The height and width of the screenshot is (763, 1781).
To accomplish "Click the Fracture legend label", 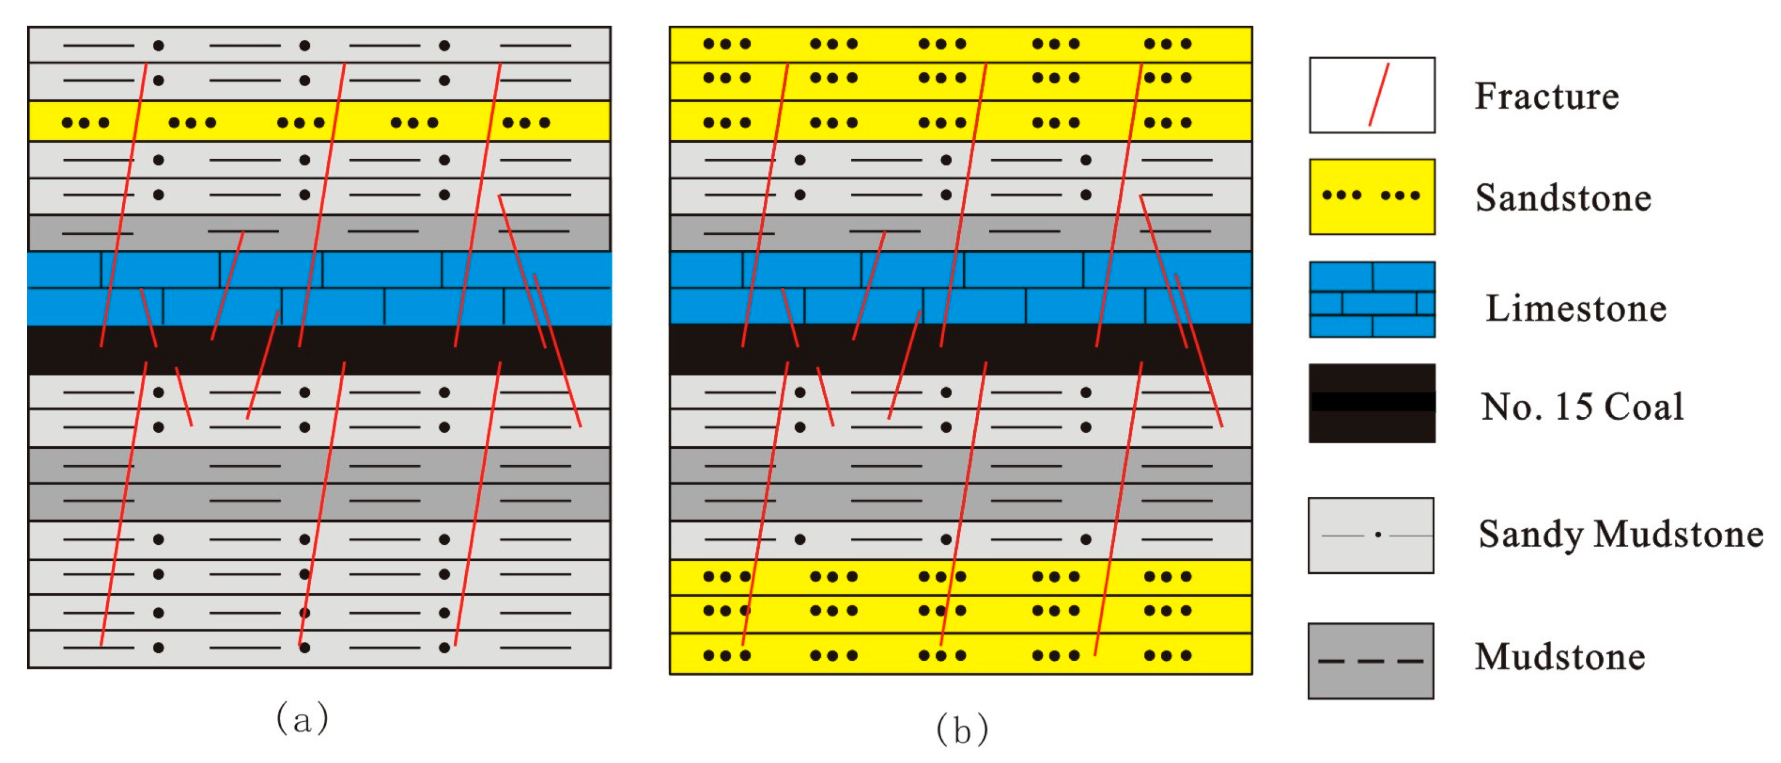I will pos(1546,95).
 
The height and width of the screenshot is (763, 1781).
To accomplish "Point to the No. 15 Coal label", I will pos(1582,406).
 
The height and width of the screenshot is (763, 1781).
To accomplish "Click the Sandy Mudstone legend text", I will pos(1621,534).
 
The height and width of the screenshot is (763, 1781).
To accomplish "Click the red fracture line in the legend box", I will pos(1379,95).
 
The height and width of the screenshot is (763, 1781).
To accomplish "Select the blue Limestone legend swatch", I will pos(1372,299).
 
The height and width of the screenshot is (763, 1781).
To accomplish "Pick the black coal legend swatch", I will pos(1372,403).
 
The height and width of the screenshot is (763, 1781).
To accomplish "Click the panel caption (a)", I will pos(302,718).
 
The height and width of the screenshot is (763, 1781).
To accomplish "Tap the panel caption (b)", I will pos(962,729).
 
